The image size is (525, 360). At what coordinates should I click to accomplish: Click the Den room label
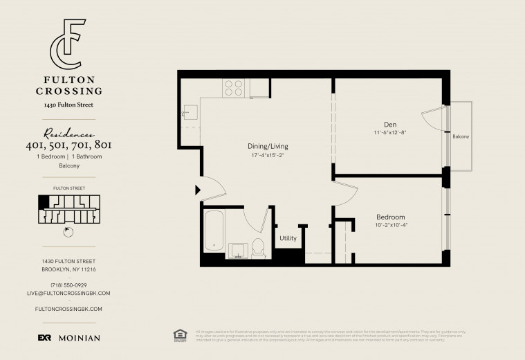(x=390, y=124)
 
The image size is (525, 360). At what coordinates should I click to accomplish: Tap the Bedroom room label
(x=390, y=215)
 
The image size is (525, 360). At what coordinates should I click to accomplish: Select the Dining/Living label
(x=268, y=146)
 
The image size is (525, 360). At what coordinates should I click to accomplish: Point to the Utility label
(x=288, y=238)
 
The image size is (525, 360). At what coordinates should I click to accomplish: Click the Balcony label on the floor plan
(x=461, y=136)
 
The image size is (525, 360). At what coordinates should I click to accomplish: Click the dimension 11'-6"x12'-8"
(x=390, y=132)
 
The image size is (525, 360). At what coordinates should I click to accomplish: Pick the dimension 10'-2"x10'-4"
(x=390, y=224)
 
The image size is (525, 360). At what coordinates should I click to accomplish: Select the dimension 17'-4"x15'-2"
(x=268, y=155)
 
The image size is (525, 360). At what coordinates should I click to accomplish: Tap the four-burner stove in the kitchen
(x=234, y=87)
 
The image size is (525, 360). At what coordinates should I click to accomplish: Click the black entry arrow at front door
(x=199, y=188)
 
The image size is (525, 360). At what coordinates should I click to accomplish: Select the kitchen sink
(x=190, y=114)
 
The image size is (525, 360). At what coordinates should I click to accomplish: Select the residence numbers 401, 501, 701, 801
(x=68, y=145)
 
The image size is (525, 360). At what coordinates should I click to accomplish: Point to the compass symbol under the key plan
(x=68, y=232)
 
